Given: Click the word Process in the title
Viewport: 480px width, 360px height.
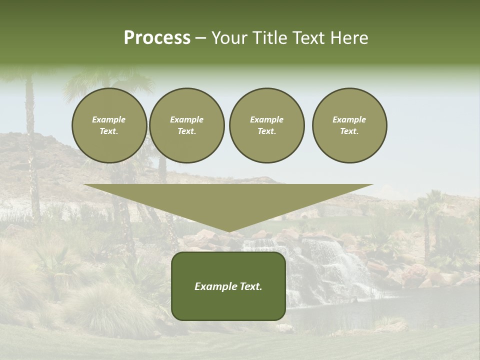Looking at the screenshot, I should [x=157, y=38].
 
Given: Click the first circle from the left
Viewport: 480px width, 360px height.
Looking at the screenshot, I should [x=109, y=125].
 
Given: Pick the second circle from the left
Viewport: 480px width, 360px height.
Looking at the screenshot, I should [x=187, y=125].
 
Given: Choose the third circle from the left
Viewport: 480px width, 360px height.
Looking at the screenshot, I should [x=267, y=125].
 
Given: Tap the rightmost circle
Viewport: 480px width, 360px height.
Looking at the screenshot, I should [x=349, y=125].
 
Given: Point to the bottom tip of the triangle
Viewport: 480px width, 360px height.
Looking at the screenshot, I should [x=228, y=231].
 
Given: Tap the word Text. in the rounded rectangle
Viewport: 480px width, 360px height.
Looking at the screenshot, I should [x=250, y=286].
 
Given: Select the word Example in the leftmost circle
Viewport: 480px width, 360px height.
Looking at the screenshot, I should [x=109, y=119].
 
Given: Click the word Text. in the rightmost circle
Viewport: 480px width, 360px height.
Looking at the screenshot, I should [x=349, y=131].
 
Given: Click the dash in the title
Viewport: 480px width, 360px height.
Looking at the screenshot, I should [x=200, y=38].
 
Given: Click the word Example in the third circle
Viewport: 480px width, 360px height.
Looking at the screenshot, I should [x=267, y=119].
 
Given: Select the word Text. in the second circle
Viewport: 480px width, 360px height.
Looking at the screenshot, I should [x=187, y=131].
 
